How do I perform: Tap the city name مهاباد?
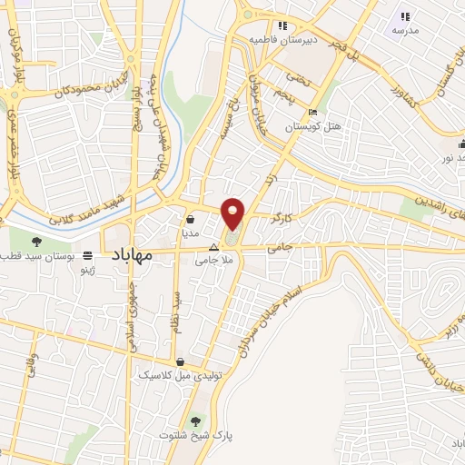click(130, 257)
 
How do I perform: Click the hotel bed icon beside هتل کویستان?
click(313, 113)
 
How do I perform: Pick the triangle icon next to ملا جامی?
click(214, 247)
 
